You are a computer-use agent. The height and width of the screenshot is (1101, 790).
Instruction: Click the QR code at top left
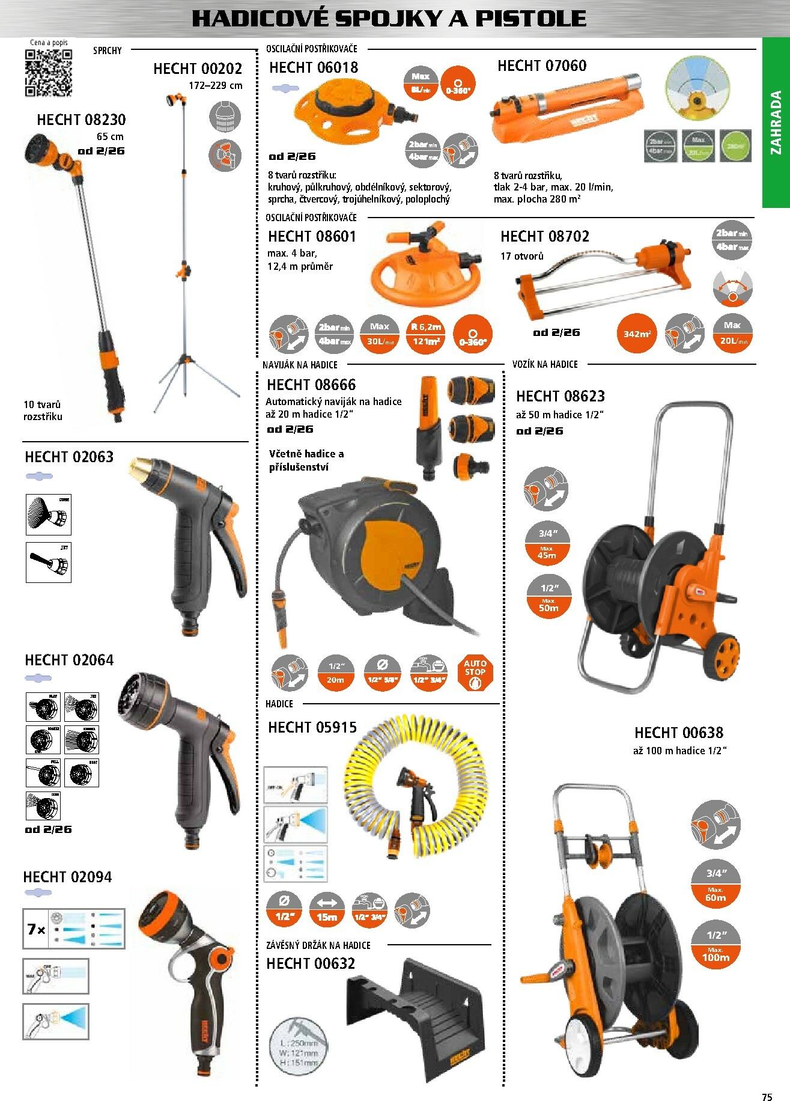(x=48, y=73)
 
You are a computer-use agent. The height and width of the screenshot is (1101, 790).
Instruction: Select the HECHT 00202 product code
(x=198, y=69)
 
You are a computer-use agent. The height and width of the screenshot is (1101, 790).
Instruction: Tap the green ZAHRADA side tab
(x=776, y=123)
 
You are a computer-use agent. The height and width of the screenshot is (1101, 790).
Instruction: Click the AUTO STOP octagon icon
(x=475, y=672)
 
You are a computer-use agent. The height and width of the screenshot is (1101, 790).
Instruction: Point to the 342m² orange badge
(x=637, y=334)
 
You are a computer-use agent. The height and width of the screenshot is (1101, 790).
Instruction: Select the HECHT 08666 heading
(x=311, y=385)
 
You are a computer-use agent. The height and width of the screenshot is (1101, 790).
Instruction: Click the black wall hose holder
(x=415, y=1016)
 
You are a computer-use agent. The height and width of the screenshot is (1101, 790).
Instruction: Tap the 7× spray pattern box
(x=73, y=929)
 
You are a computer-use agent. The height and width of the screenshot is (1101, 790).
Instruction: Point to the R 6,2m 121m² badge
(x=425, y=334)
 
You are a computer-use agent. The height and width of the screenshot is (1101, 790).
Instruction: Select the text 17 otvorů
(x=521, y=256)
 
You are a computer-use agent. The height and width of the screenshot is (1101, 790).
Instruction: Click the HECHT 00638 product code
(x=678, y=733)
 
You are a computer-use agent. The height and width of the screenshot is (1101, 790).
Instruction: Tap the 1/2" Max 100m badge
(x=715, y=945)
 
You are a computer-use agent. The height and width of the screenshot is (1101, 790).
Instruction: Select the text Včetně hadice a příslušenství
(x=306, y=460)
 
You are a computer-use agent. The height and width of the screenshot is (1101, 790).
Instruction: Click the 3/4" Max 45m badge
(x=547, y=544)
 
